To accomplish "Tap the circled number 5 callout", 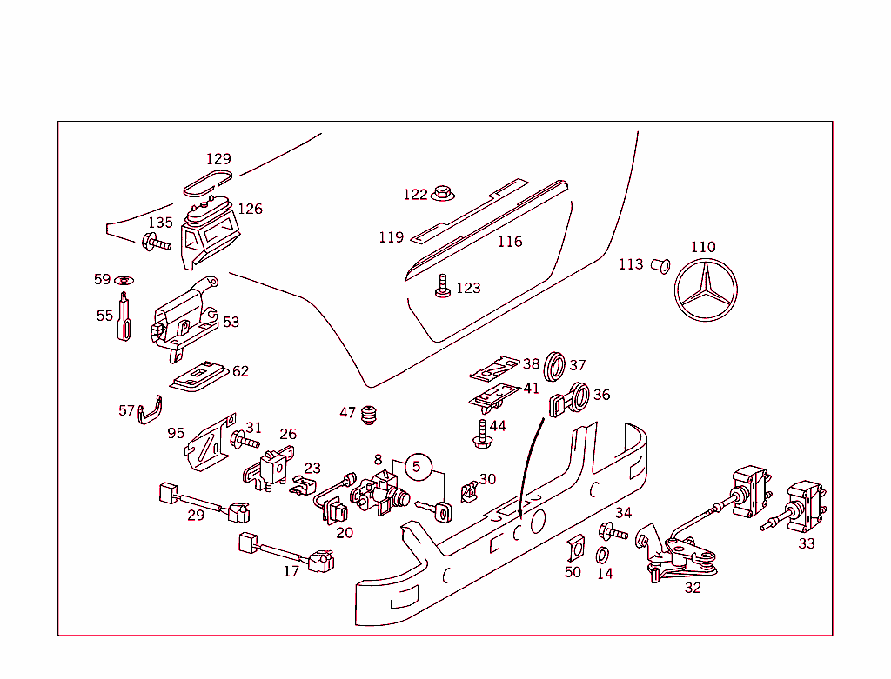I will click(416, 467).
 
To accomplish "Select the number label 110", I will click(703, 247).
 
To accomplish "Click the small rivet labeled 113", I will click(660, 264).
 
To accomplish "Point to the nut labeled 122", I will click(442, 192).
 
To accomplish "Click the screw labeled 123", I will click(443, 286).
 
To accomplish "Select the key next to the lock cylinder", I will click(435, 509).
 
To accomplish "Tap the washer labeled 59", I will click(124, 281).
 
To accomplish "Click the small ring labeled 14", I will click(602, 555).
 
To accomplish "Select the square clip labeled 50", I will click(573, 549).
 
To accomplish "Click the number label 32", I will click(693, 588).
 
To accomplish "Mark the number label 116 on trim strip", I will click(510, 242).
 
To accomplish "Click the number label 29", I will click(196, 516).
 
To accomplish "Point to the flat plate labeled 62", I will click(198, 376).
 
